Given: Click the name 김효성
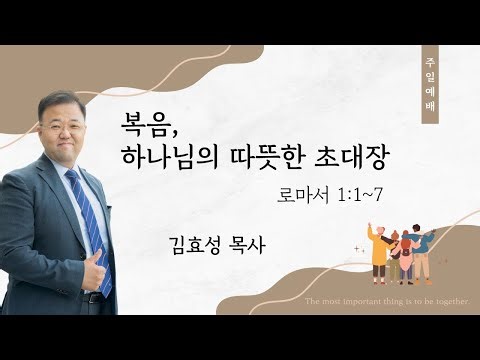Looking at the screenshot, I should [x=197, y=241].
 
